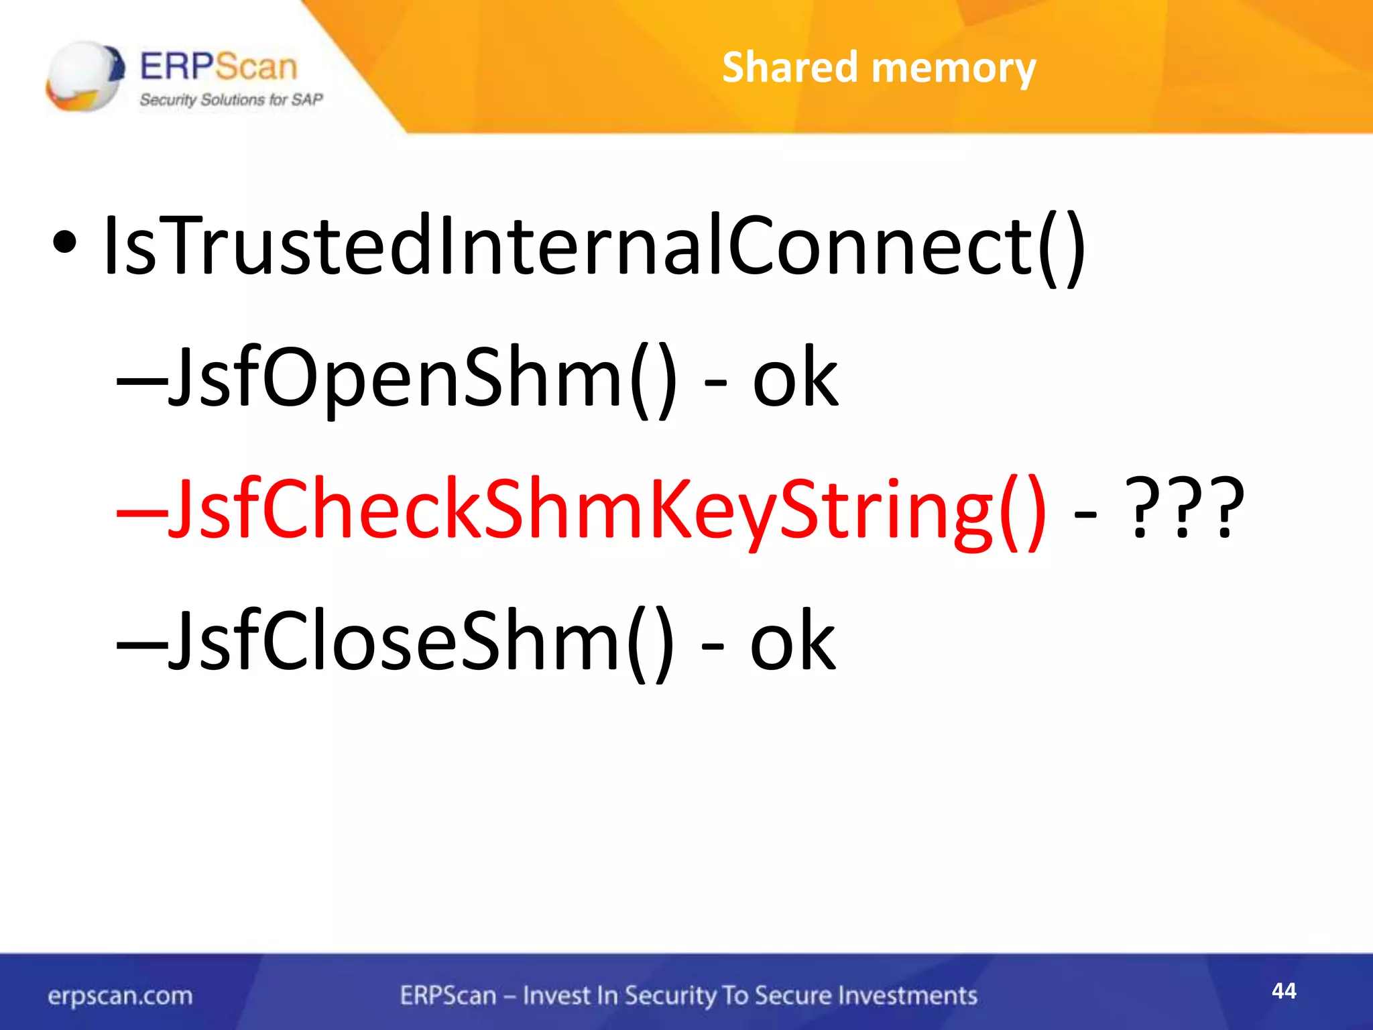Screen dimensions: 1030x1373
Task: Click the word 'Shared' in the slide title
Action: click(790, 68)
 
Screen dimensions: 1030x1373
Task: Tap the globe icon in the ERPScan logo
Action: click(84, 76)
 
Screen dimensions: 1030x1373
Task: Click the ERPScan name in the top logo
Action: click(218, 66)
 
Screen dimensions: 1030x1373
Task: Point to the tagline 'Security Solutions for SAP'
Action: click(231, 100)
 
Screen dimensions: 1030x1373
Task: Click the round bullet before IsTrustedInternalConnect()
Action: click(65, 244)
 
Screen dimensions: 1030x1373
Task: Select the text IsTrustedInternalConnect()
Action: click(594, 245)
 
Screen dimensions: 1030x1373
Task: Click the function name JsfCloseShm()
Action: click(421, 641)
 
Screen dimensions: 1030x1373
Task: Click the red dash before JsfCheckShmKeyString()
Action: click(141, 515)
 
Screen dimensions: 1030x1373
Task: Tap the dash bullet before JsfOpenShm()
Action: click(141, 384)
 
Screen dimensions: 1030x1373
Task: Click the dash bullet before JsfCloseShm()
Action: click(141, 646)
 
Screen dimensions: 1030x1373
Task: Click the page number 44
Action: click(1284, 990)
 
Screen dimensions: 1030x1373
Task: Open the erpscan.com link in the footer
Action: click(120, 996)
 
